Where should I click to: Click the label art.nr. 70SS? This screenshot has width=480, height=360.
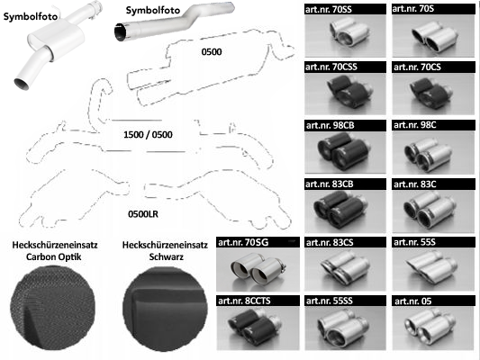[x=329, y=10]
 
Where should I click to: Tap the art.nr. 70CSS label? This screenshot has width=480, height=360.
[x=331, y=67]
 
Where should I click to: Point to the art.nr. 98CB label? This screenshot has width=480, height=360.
[x=330, y=125]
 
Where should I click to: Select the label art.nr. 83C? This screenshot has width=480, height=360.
[x=415, y=184]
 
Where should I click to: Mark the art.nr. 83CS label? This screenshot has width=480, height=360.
[x=330, y=242]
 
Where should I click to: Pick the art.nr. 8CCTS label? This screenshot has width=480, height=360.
[x=244, y=301]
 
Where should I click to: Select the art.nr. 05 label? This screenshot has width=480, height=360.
[x=413, y=301]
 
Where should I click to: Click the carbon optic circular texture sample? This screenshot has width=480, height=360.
[x=53, y=308]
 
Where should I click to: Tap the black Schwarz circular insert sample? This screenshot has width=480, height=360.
[x=166, y=309]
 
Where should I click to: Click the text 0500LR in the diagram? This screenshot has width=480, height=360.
[x=143, y=214]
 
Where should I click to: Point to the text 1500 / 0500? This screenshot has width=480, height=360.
[x=148, y=135]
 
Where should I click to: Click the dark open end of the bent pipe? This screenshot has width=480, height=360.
[x=121, y=32]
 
